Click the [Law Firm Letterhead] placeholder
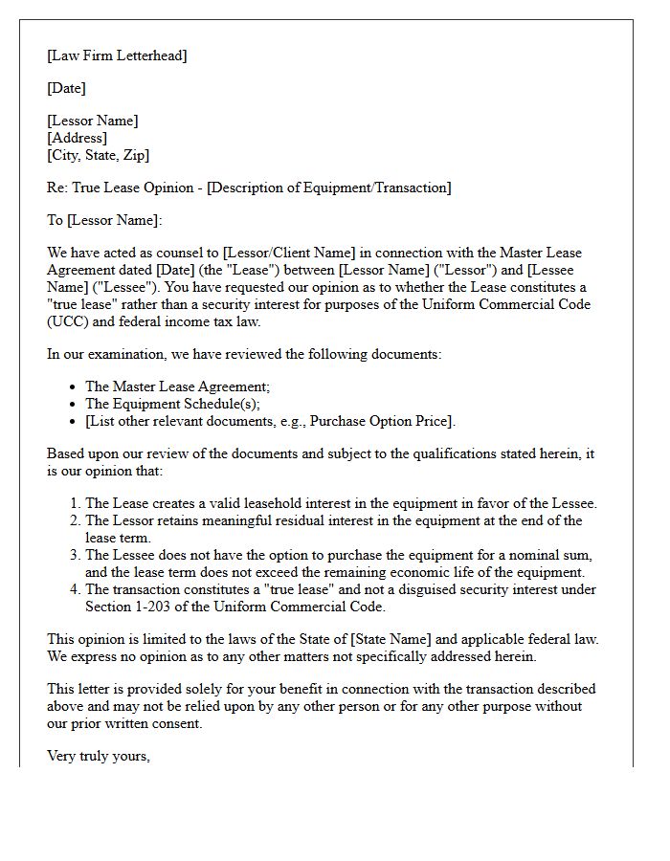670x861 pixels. [117, 55]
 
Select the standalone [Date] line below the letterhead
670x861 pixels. [66, 88]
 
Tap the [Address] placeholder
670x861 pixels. [77, 138]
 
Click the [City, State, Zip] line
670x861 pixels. [98, 155]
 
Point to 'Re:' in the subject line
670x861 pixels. [57, 188]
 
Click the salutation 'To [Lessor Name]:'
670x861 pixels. [104, 220]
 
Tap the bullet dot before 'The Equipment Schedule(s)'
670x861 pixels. [75, 404]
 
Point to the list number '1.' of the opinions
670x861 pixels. [75, 503]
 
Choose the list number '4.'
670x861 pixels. [75, 589]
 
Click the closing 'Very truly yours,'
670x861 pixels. [99, 756]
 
